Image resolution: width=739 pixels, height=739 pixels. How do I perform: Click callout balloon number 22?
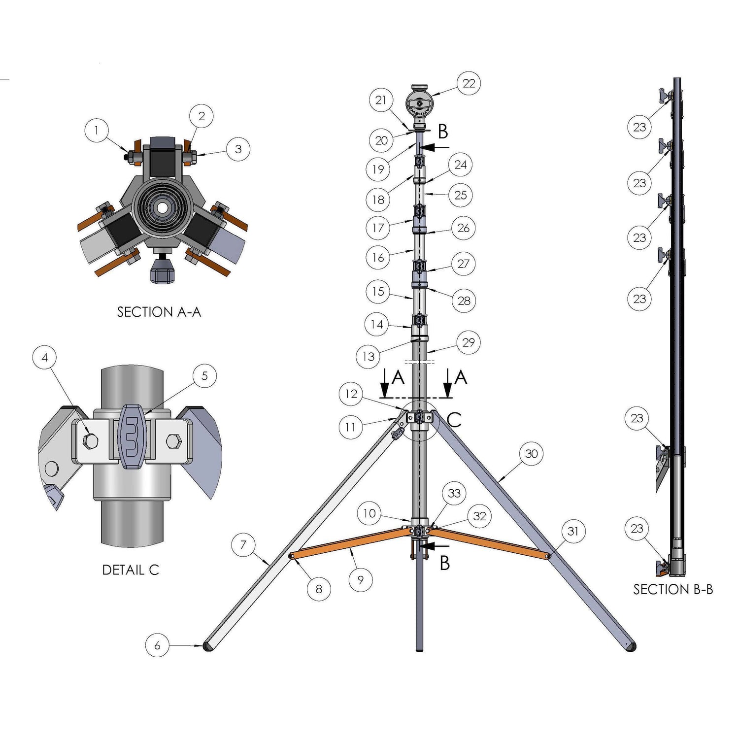(x=469, y=83)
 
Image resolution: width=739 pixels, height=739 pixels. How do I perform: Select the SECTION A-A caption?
(x=159, y=312)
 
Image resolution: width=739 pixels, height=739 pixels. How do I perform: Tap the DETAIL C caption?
(x=131, y=570)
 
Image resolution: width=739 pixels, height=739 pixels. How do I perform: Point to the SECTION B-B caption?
(x=673, y=589)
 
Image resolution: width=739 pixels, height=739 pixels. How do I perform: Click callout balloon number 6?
(x=157, y=645)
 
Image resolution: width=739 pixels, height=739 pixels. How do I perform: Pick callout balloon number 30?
(x=531, y=454)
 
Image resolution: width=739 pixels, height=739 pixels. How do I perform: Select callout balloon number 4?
(x=45, y=357)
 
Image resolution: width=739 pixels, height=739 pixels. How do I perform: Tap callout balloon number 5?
(x=204, y=376)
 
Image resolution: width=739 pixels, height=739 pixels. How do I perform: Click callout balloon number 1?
(x=96, y=130)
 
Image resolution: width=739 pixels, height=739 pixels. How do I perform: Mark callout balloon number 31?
(x=572, y=531)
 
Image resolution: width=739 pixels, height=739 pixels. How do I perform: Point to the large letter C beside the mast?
(x=454, y=420)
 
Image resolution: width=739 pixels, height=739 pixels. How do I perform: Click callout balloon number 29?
(x=468, y=342)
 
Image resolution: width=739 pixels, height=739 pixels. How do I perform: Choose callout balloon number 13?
(x=368, y=357)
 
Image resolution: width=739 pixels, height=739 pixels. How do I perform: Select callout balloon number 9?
(x=360, y=580)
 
